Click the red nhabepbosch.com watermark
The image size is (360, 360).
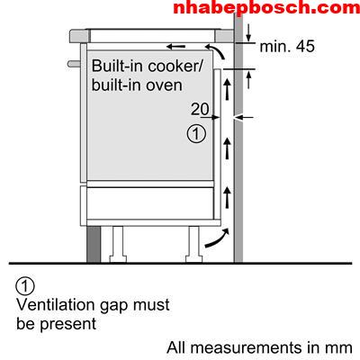coord(266,7)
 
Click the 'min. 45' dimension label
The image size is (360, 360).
coord(287,47)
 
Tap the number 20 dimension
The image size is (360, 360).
coord(200,109)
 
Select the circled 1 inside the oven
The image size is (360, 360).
coord(196,134)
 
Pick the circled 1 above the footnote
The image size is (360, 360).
coord(25,286)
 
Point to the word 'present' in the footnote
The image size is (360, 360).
coord(68,325)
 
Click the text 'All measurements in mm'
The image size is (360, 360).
coord(259,348)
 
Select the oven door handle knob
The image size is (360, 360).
coord(74,64)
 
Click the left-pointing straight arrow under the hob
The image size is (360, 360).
coord(175,47)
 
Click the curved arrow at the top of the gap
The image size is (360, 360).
coord(215,51)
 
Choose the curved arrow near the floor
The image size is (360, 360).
coord(218,238)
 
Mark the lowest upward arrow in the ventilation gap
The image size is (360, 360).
coord(228,197)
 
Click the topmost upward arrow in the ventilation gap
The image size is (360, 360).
coord(228,89)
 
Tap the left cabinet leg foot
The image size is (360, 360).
coord(118,258)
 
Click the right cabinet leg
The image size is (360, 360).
coord(193,244)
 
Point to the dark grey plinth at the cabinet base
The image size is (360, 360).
coord(94,244)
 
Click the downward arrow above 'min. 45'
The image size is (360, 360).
coord(248,33)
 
